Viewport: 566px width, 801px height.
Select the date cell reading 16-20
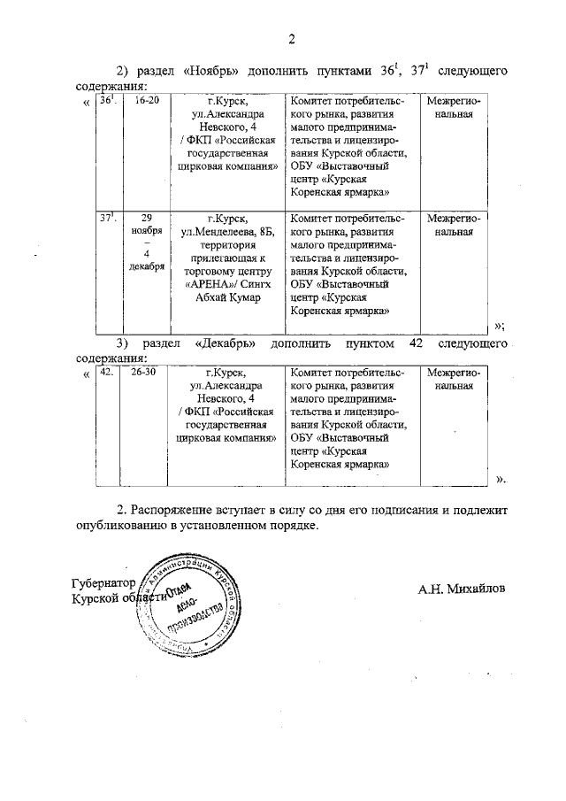click(x=146, y=103)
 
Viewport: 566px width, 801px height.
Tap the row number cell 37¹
click(x=108, y=218)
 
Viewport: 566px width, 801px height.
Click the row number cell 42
click(x=107, y=374)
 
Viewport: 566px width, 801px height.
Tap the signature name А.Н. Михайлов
click(x=463, y=588)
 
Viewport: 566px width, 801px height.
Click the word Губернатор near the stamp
click(x=102, y=584)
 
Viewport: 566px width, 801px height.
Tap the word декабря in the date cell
click(x=146, y=269)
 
